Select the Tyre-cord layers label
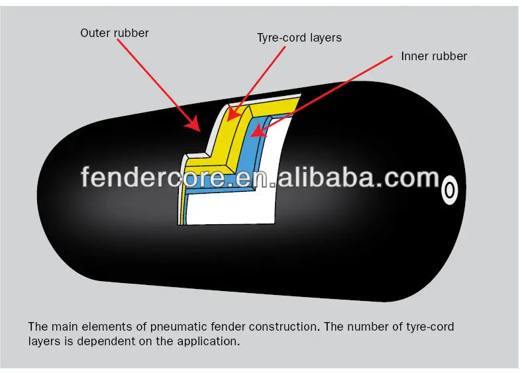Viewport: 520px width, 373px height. click(x=299, y=38)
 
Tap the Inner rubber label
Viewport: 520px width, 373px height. click(x=434, y=56)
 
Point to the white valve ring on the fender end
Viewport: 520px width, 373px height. click(x=450, y=190)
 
